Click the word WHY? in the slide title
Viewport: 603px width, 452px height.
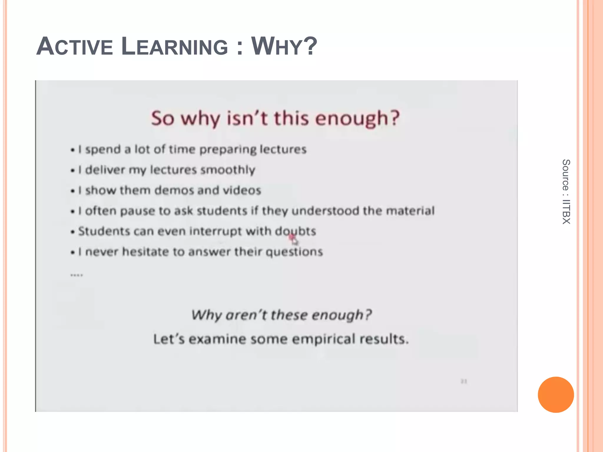[284, 46]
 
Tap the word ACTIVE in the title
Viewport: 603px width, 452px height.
[75, 46]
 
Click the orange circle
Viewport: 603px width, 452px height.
[556, 395]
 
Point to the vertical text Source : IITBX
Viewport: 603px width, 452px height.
[566, 192]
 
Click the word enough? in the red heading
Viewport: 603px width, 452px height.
[357, 118]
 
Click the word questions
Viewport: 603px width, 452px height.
[294, 252]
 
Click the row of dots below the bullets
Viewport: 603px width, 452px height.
[77, 275]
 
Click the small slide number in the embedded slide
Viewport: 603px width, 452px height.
[464, 381]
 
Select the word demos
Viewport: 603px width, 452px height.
[174, 190]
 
